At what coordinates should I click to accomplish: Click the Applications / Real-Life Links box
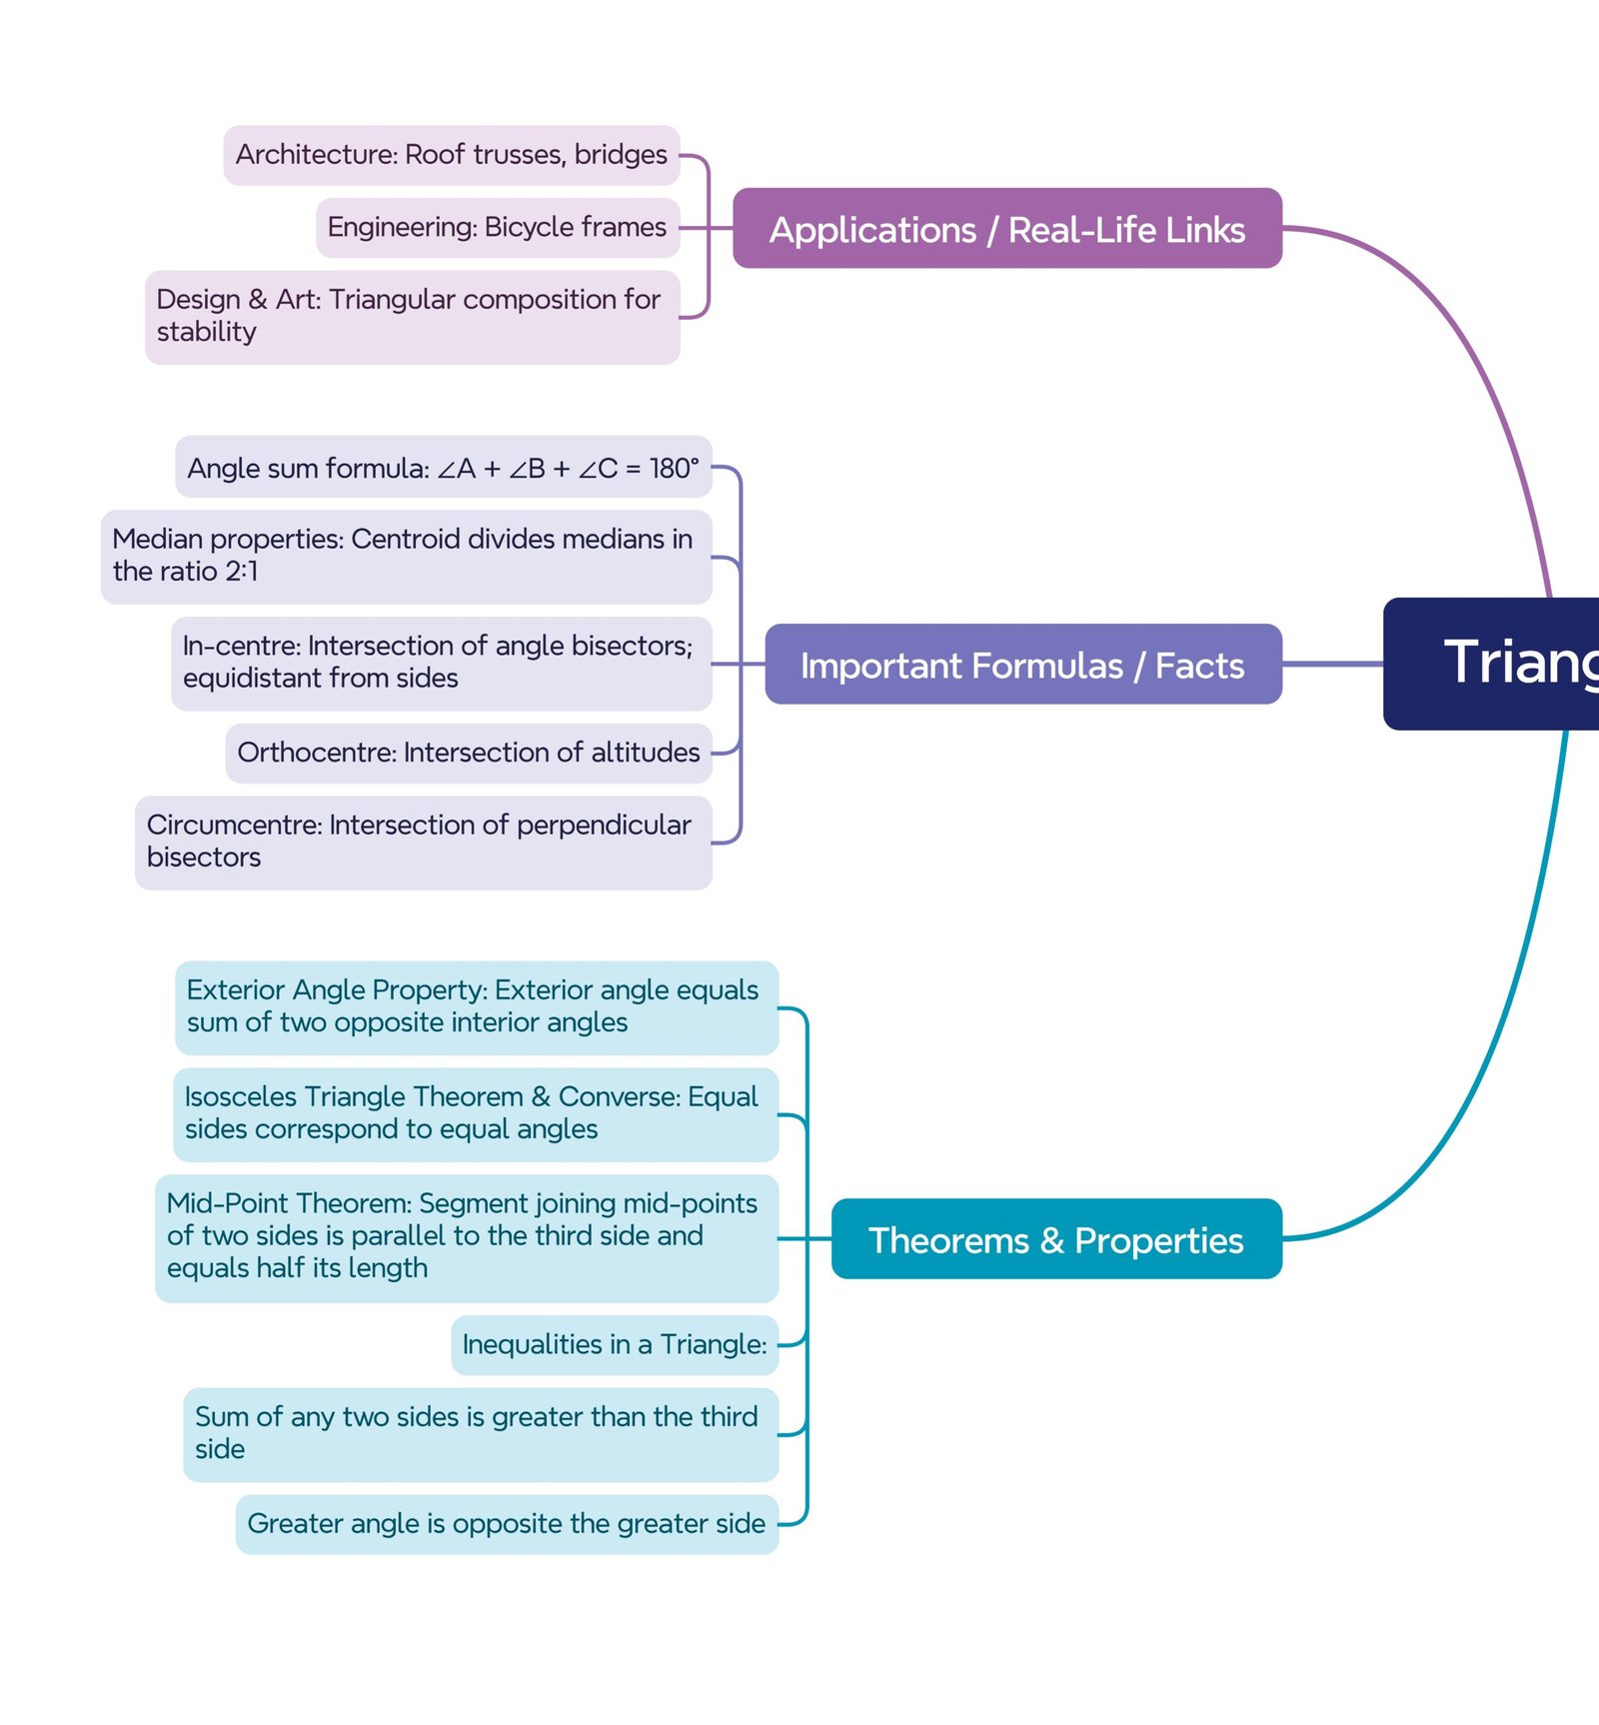coord(1006,229)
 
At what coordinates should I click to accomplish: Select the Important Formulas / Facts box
coord(1022,665)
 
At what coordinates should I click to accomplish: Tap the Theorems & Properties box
coord(1055,1239)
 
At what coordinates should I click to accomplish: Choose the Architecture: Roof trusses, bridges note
coord(451,155)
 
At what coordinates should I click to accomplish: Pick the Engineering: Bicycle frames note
coord(497,228)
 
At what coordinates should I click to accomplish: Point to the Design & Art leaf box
coord(412,316)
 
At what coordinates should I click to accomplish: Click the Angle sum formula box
coord(443,468)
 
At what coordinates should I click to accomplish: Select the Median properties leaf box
coord(406,556)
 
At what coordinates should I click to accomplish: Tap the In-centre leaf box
coord(441,663)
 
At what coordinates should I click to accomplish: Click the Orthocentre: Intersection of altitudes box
coord(468,753)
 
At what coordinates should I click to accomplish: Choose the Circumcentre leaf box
coord(423,842)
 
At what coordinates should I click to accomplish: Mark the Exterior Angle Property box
coord(476,1006)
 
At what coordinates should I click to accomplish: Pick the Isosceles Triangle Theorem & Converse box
coord(475,1113)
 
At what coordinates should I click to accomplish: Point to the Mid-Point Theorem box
coord(466,1236)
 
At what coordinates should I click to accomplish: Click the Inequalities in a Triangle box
coord(614,1345)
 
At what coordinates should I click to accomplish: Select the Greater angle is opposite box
coord(506,1524)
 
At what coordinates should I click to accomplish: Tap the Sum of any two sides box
coord(480,1433)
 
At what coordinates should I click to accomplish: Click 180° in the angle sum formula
coord(674,468)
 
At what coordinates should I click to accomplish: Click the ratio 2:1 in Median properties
coord(241,572)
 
